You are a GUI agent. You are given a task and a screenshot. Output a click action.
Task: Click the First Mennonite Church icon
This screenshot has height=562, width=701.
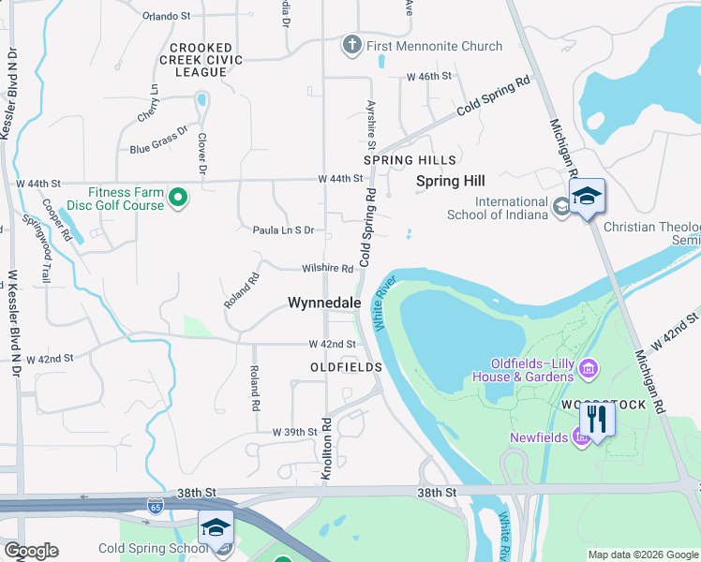pyautogui.click(x=352, y=45)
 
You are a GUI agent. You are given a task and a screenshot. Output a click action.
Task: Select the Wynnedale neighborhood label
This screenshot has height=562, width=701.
pyautogui.click(x=324, y=303)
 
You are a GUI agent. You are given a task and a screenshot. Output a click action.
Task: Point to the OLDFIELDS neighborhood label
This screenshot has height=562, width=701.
pyautogui.click(x=347, y=367)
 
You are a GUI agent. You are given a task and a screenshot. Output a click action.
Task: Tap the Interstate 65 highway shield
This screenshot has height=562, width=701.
pyautogui.click(x=154, y=509)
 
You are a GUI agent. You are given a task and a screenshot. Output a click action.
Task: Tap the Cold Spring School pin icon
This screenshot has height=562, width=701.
pyautogui.click(x=216, y=528)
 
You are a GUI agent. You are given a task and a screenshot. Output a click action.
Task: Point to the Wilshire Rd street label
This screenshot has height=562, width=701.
pyautogui.click(x=327, y=269)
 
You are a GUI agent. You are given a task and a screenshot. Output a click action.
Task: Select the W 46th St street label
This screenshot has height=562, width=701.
pyautogui.click(x=429, y=76)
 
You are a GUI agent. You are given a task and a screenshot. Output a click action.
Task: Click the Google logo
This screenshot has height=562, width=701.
pyautogui.click(x=31, y=551)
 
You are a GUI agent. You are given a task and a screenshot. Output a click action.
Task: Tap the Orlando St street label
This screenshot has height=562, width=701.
pyautogui.click(x=167, y=16)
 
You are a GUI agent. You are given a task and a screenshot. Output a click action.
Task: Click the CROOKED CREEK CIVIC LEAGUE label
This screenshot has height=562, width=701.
pyautogui.click(x=207, y=60)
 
